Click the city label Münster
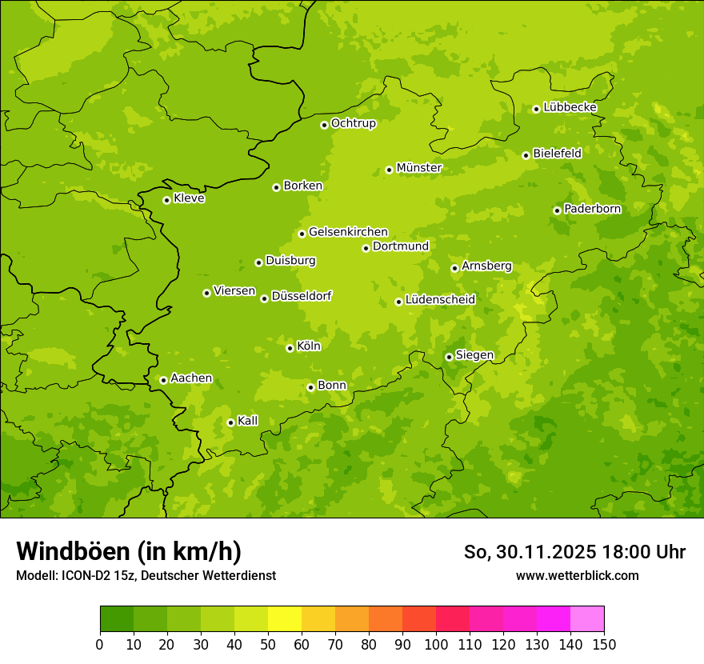coord(419,168)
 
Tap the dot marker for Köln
coord(290,348)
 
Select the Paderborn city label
coord(593,209)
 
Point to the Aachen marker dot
coord(163,380)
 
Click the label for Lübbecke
coord(570,107)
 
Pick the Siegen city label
coord(474,355)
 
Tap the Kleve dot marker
coord(166,200)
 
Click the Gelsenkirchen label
coord(348,232)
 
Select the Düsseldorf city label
coord(302,296)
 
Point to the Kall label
coord(248,421)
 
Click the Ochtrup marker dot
coord(324,125)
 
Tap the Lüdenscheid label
coord(440,300)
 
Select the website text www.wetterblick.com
coord(577,575)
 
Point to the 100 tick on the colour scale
coord(436,644)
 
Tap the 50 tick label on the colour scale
coord(268,644)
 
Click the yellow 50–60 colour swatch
coord(285,619)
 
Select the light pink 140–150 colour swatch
coord(587,619)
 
